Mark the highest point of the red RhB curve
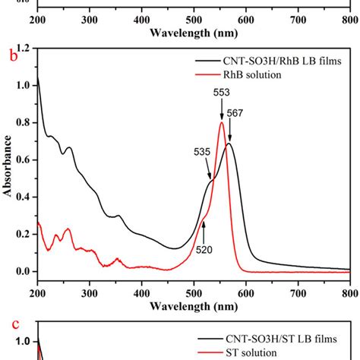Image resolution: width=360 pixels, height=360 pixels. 222,123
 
